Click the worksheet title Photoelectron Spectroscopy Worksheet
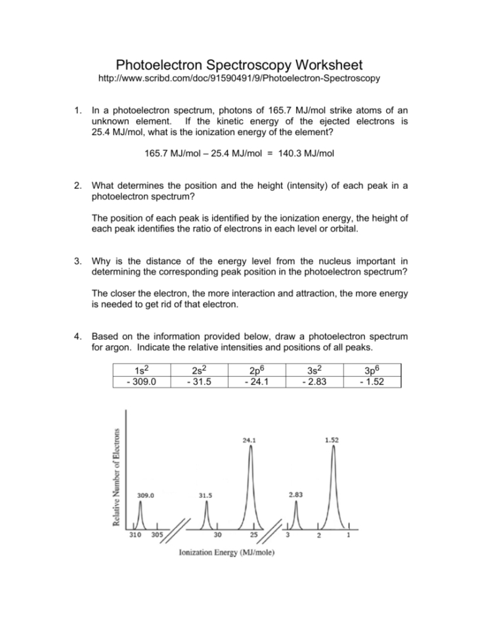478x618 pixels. coord(239,65)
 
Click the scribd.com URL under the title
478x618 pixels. coord(239,79)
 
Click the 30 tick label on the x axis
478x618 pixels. coord(217,535)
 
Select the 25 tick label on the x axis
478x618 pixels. coord(253,535)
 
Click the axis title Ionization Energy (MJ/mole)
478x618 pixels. coord(227,552)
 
